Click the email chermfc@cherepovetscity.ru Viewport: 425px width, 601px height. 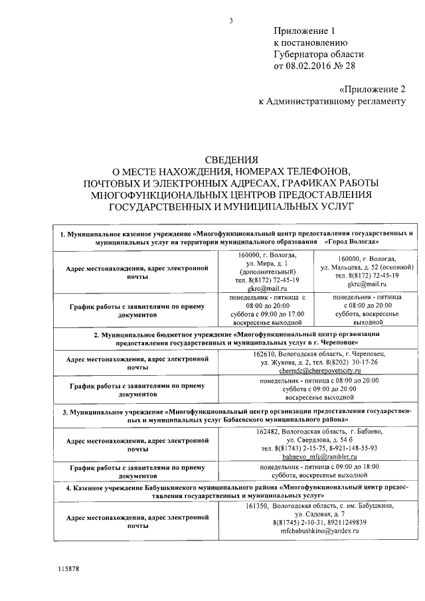click(x=319, y=371)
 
